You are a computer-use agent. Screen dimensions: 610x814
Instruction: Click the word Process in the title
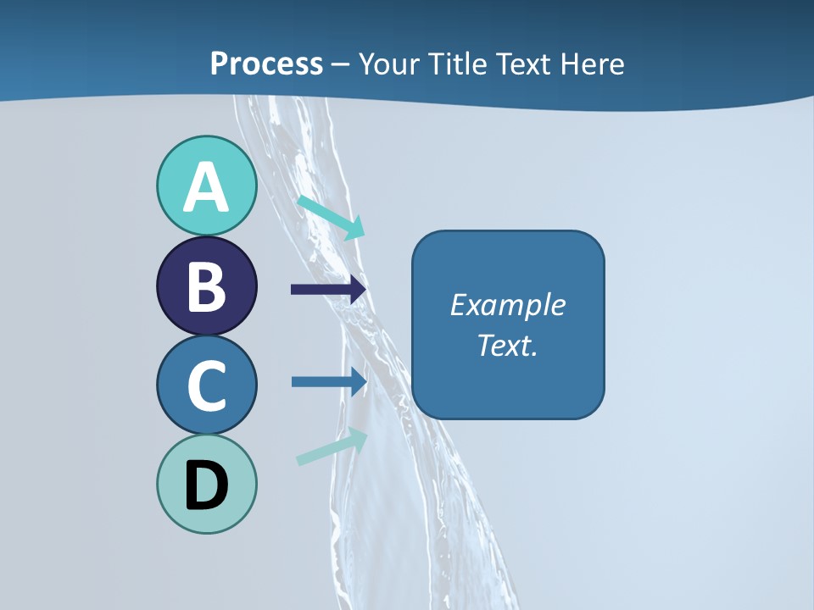pyautogui.click(x=266, y=64)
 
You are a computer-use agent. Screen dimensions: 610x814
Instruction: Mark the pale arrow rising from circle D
pyautogui.click(x=332, y=446)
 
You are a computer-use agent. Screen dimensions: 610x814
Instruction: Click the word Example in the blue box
pyautogui.click(x=508, y=305)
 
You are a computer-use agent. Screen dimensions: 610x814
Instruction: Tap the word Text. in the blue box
pyautogui.click(x=508, y=345)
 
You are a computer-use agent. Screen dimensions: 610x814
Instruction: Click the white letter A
pyautogui.click(x=207, y=188)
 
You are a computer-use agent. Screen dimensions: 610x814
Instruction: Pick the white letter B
pyautogui.click(x=207, y=286)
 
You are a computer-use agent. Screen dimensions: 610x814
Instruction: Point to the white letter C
pyautogui.click(x=207, y=385)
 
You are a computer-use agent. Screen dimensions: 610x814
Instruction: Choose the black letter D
pyautogui.click(x=207, y=485)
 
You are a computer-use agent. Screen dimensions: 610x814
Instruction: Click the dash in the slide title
pyautogui.click(x=341, y=64)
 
